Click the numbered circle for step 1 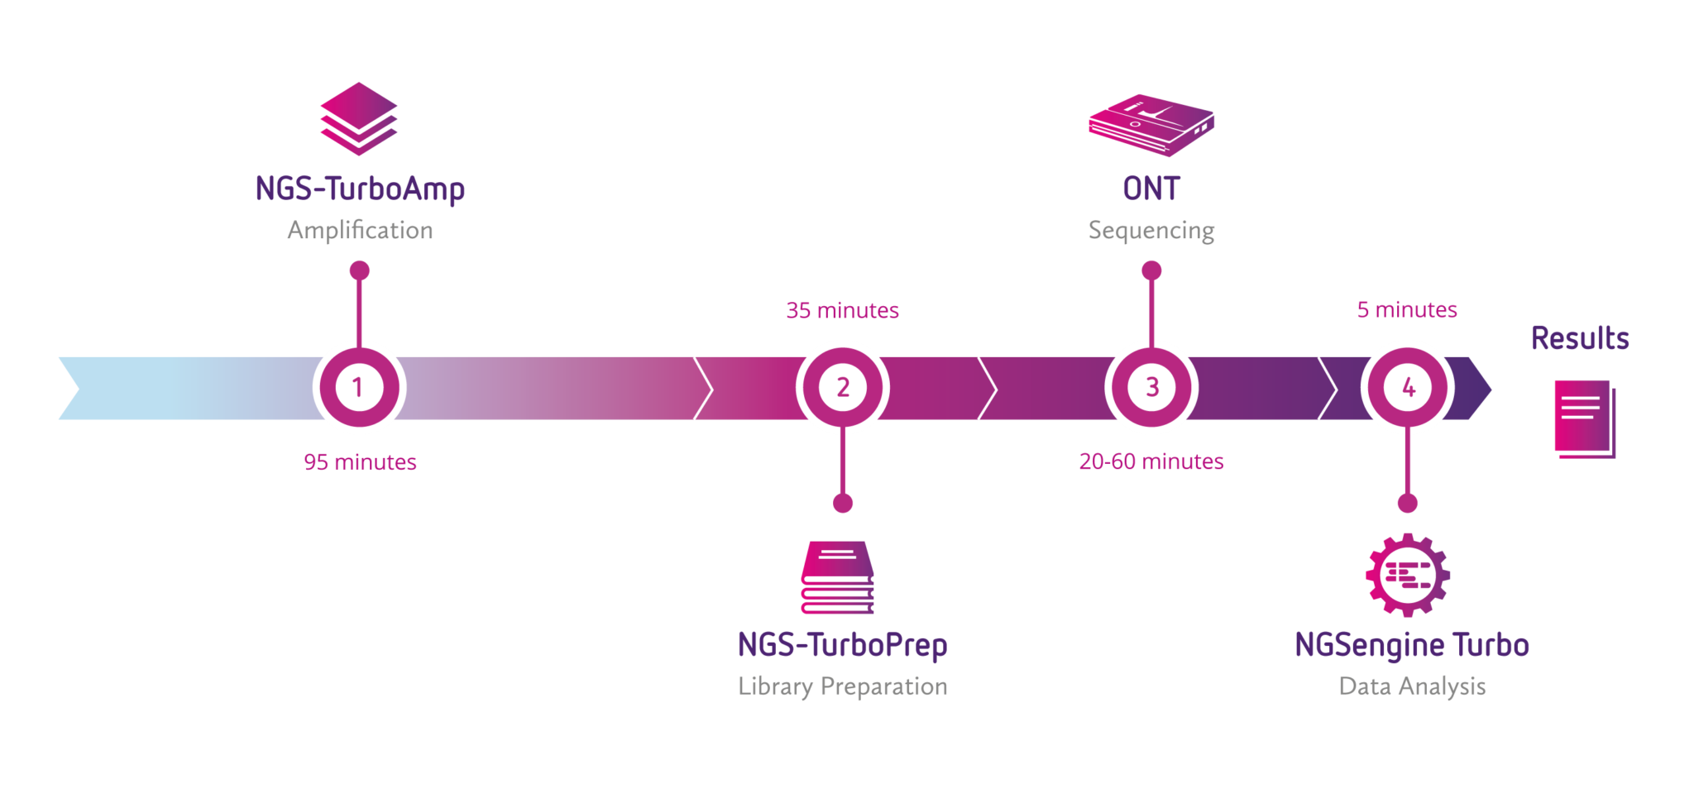point(359,387)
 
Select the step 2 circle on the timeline point(842,387)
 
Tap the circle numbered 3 point(1151,387)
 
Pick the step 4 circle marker point(1408,387)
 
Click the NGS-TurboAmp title point(360,189)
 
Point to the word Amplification point(360,231)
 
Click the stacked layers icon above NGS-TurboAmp point(358,118)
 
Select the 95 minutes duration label point(360,462)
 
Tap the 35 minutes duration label point(842,311)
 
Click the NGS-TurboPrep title point(842,645)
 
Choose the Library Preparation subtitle point(842,686)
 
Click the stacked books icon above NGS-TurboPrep point(837,577)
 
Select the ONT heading point(1151,189)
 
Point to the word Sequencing point(1151,231)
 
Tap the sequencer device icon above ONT point(1151,125)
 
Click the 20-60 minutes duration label point(1151,461)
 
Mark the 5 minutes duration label point(1407,310)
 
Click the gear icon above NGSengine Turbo point(1407,575)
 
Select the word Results point(1580,338)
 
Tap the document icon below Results point(1584,418)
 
